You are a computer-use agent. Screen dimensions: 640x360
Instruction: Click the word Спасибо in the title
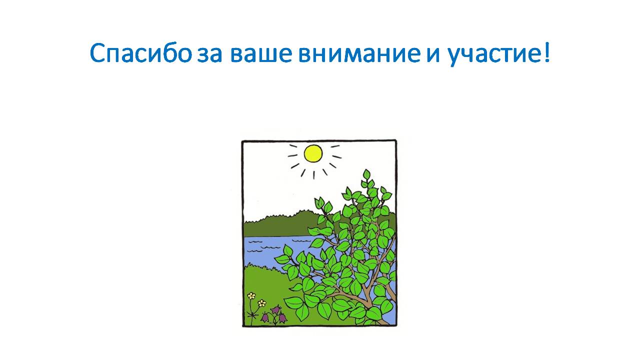pos(140,53)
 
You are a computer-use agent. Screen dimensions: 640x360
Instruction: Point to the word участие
pos(491,55)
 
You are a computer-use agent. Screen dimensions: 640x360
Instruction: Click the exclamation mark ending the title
pos(546,53)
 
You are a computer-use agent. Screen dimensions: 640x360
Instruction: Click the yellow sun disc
pos(313,153)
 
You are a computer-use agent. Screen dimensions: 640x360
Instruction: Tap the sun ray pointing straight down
pos(313,175)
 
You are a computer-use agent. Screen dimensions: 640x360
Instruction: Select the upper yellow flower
pos(251,295)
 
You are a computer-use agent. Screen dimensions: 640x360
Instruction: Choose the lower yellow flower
pos(261,303)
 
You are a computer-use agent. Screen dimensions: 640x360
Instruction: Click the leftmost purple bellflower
pos(265,317)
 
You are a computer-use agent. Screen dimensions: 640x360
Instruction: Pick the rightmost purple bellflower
pos(282,318)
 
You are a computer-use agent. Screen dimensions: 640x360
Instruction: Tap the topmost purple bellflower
pos(275,309)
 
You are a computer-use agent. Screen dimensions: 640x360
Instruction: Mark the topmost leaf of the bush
pos(366,174)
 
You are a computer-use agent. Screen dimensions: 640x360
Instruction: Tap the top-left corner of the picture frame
pos(242,141)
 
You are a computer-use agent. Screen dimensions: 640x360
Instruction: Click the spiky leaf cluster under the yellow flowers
pos(253,315)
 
